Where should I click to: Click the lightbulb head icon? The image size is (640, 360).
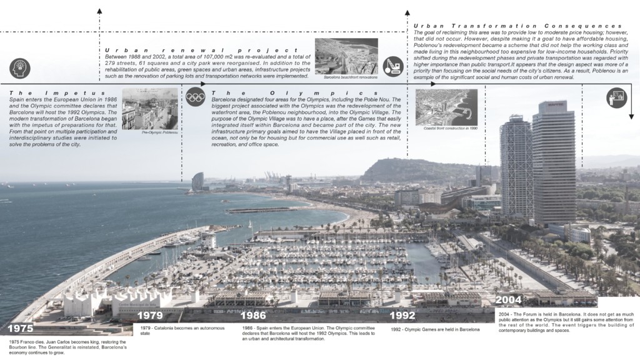tap(20, 67)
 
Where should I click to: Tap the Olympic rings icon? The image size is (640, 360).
tap(195, 97)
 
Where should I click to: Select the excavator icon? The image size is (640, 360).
tap(392, 66)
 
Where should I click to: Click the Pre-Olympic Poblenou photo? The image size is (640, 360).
tap(150, 109)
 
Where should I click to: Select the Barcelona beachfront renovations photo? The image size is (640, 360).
tap(346, 56)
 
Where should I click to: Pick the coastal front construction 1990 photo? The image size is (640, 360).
tap(446, 107)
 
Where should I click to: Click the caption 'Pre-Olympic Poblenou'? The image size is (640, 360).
tap(160, 133)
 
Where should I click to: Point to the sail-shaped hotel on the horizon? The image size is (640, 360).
tap(198, 182)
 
